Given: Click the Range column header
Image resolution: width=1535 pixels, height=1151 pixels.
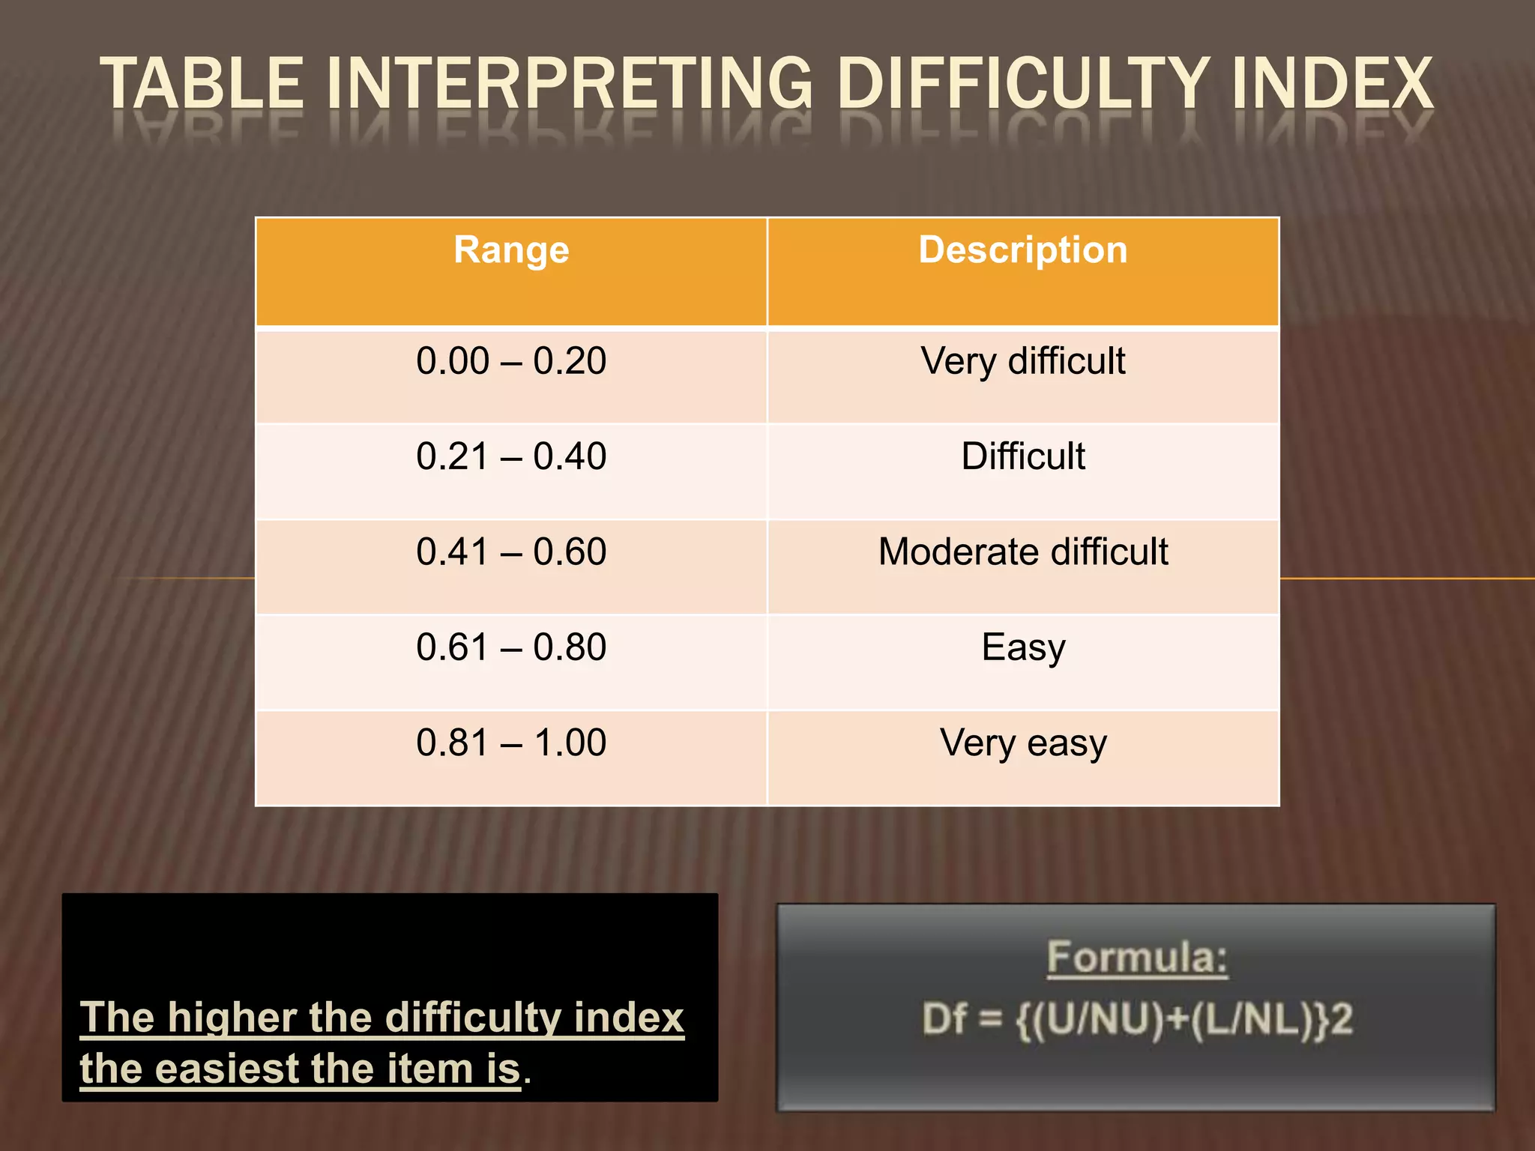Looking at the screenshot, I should (x=511, y=251).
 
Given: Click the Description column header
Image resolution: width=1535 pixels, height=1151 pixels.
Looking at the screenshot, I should (x=1023, y=251).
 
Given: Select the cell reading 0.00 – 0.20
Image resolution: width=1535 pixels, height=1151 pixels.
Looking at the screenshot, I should (x=511, y=361).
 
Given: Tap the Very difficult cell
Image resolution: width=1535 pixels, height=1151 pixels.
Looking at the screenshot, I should (x=1023, y=361).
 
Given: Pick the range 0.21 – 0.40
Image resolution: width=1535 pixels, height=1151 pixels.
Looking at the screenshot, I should (x=511, y=456).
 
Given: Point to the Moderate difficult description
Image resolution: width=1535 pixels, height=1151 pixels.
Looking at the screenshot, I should (x=1023, y=552).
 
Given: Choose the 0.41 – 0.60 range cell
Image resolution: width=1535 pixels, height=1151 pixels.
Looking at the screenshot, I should (x=511, y=552).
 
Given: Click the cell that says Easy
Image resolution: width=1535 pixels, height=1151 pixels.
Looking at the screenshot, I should (x=1023, y=647).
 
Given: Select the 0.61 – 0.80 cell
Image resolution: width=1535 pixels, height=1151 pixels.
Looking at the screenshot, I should (x=511, y=647).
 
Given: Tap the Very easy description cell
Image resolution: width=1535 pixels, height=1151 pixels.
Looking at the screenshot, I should (x=1023, y=743).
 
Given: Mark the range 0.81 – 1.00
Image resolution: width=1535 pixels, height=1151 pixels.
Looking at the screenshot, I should (x=511, y=743).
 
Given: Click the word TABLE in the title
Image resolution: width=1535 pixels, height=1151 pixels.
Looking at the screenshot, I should (x=202, y=84).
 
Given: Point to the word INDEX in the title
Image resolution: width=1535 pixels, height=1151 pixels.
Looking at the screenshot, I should (x=1331, y=84).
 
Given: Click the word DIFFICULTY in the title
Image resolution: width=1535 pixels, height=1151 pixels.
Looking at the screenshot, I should (x=1023, y=84).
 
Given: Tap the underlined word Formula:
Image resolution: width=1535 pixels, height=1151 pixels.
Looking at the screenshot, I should (x=1137, y=958).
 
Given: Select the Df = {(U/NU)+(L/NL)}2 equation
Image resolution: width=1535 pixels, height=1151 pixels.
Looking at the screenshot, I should (x=1137, y=1020).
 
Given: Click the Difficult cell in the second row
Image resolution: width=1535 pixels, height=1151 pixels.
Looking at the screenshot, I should (x=1023, y=456).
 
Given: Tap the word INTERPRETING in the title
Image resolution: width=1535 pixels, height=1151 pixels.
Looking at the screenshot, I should (x=570, y=84).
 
